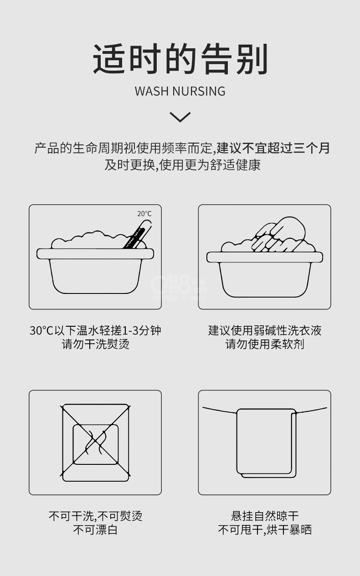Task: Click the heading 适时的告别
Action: [180, 59]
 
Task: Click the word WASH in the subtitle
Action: [151, 91]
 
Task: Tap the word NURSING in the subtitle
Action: [199, 91]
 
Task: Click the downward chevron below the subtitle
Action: [180, 117]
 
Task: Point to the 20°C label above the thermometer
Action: [144, 214]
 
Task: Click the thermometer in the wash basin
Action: [137, 235]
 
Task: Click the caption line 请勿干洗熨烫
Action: [95, 345]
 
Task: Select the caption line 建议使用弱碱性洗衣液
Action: [265, 330]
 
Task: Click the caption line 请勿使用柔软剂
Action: [265, 345]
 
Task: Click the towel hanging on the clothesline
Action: [266, 443]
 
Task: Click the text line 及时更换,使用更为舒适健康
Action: [182, 165]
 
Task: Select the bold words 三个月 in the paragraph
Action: [311, 148]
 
